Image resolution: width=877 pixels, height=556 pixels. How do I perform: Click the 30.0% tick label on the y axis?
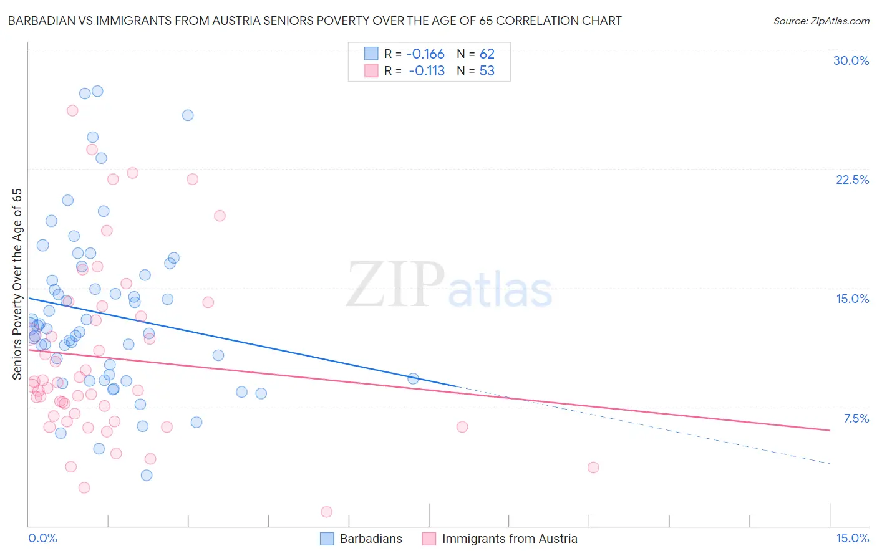click(851, 60)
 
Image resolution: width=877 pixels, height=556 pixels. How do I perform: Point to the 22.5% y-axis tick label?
click(852, 180)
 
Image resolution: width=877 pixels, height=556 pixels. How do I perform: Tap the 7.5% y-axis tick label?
click(856, 418)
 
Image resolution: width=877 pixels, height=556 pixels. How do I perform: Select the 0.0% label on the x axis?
click(42, 538)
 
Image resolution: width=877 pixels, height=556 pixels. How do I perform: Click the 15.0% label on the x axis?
click(852, 538)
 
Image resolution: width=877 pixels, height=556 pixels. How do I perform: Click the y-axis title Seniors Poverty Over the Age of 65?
click(17, 284)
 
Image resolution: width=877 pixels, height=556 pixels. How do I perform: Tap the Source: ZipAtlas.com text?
click(821, 21)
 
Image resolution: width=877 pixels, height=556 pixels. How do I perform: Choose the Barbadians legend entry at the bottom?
click(371, 539)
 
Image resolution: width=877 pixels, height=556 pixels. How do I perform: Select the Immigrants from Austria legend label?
click(509, 539)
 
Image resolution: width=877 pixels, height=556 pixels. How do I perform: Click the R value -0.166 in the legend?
click(425, 54)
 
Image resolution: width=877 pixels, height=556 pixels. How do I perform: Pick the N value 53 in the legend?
click(487, 71)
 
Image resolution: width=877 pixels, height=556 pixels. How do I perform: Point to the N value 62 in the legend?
click(487, 54)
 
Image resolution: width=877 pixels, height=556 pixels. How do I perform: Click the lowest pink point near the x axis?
click(326, 512)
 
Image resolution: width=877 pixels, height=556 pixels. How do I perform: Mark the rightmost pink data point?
click(593, 467)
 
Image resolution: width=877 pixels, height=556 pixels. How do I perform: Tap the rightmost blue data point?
click(413, 378)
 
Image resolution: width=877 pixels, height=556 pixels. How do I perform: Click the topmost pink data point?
click(72, 110)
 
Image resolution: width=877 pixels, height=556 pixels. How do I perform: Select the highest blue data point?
click(97, 91)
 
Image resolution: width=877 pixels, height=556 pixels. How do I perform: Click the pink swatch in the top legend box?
click(371, 71)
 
